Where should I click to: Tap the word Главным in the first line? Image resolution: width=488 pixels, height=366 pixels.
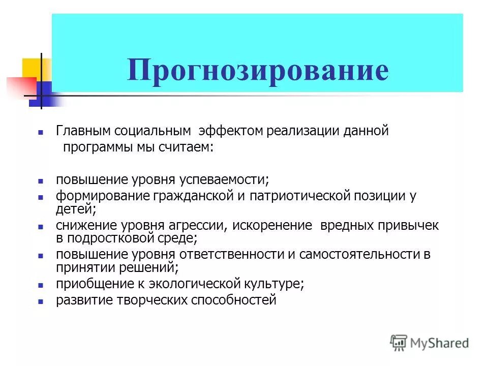pos(83,131)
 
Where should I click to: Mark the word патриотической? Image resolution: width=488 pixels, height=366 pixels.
pos(288,196)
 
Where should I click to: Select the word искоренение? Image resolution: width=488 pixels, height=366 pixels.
pos(273,225)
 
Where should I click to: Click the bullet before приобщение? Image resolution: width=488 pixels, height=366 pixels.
pos(41,285)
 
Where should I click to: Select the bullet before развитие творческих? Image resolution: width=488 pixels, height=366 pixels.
pos(41,301)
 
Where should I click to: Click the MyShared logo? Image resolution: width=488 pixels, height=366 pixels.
pos(430,342)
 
